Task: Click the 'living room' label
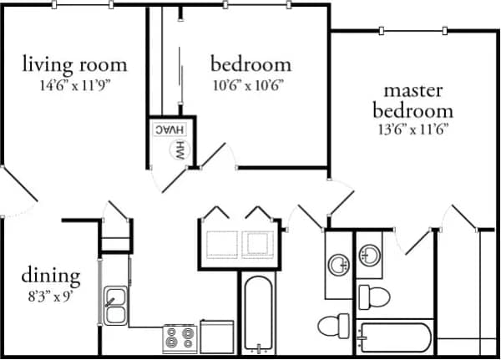[74, 63]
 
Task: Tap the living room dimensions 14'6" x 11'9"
[74, 84]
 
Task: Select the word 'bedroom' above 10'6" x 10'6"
[250, 63]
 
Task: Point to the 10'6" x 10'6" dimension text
[250, 84]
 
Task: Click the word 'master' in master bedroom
[418, 89]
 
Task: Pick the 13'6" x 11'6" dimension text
[418, 129]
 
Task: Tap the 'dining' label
[51, 275]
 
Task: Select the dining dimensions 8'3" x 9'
[51, 295]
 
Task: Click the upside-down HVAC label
[168, 130]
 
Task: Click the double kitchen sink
[115, 305]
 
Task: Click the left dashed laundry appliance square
[221, 241]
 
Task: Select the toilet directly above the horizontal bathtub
[374, 297]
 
